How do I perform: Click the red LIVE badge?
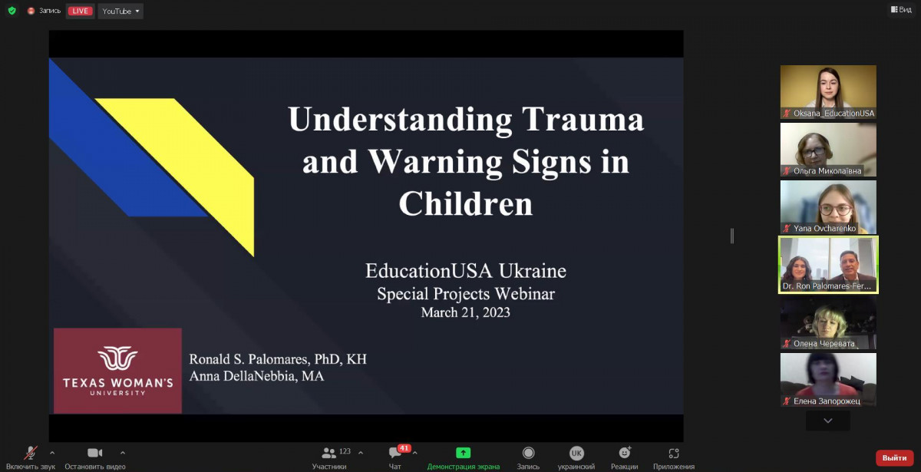pos(80,11)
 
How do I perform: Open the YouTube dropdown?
pos(120,11)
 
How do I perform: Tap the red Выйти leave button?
pos(894,457)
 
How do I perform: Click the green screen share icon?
pos(463,453)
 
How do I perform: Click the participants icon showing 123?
pos(328,453)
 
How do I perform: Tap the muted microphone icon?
pos(31,453)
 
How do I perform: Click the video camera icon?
pos(95,453)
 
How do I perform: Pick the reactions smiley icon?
pos(625,452)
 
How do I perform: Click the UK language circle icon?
pos(576,453)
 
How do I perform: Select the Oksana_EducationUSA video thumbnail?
pos(828,92)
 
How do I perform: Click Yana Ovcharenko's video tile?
pos(828,207)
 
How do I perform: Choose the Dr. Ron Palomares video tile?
pos(828,265)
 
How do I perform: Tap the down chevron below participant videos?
pos(828,421)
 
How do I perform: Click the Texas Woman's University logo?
pos(117,371)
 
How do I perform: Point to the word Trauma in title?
pos(583,120)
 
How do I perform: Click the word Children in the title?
pos(466,204)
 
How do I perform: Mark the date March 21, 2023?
pos(465,312)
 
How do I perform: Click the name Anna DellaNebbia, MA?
pos(256,376)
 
